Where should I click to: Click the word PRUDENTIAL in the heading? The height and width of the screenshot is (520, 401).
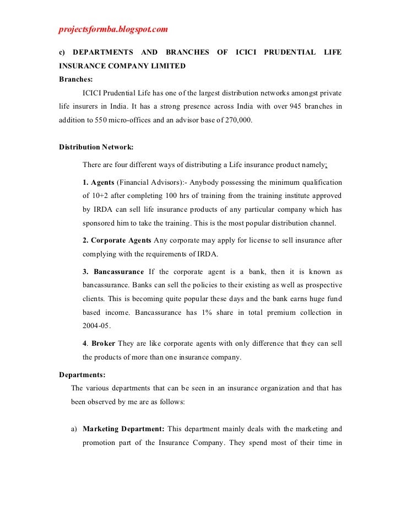289,53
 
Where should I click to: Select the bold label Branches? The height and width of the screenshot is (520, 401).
76,79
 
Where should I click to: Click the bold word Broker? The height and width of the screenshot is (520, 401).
103,344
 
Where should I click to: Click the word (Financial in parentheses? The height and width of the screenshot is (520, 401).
135,182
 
